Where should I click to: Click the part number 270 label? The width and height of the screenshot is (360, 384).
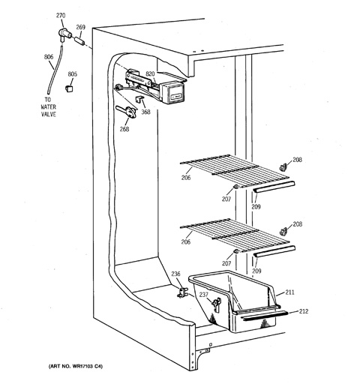pos(61,16)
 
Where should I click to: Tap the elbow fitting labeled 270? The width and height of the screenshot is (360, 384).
pos(64,34)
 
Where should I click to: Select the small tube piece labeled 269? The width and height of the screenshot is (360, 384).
pos(79,40)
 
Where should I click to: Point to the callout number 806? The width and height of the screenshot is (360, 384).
pos(49,57)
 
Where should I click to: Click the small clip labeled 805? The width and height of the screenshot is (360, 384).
pos(69,88)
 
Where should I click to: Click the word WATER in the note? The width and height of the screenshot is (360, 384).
pos(48,107)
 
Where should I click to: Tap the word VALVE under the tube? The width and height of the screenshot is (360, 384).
pos(48,115)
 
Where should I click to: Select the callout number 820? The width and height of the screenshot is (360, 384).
pos(150,73)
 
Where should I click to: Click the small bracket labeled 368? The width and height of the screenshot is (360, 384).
pos(139,99)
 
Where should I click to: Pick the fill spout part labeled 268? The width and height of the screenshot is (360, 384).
pos(127,111)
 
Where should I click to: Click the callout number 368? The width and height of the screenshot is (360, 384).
pos(145,112)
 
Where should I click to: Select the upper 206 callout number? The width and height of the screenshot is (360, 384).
pos(186,178)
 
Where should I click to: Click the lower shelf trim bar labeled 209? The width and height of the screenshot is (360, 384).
pos(274,251)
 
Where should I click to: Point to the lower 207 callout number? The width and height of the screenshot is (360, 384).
pos(226,263)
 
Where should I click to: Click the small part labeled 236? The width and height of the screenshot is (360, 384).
pos(183,292)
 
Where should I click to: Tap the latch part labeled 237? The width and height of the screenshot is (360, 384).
pos(217,304)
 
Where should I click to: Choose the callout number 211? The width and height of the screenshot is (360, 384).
pos(289,292)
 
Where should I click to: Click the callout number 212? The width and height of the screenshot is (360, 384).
pos(304,311)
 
